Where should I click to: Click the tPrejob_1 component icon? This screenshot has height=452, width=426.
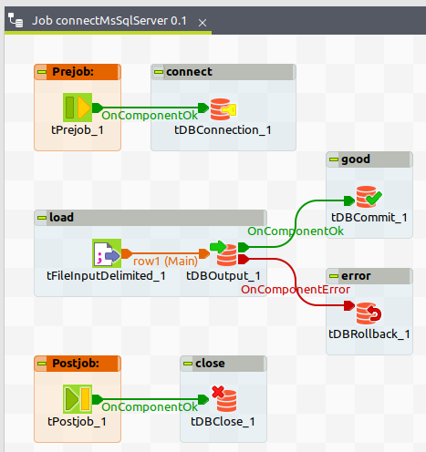(78, 108)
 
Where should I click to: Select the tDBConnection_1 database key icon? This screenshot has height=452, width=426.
(223, 109)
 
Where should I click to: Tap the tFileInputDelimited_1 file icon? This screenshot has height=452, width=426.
(107, 253)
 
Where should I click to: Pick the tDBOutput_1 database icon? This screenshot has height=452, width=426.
(223, 253)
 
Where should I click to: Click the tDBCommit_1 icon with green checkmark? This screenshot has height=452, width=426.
(369, 197)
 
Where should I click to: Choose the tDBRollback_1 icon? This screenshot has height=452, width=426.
(369, 313)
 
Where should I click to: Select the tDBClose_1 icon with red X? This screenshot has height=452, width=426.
(224, 398)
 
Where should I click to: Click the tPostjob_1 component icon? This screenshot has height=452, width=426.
(78, 399)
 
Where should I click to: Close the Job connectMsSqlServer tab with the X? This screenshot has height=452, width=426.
(203, 23)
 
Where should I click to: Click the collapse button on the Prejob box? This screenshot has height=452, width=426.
(42, 72)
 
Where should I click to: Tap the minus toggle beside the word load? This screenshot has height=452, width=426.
(42, 218)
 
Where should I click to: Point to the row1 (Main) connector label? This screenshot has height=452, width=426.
(165, 261)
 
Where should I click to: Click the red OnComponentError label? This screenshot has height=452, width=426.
(296, 290)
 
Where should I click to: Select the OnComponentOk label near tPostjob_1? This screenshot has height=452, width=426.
(150, 406)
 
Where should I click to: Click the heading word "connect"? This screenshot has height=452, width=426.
(189, 72)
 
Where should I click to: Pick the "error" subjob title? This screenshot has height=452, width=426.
(356, 276)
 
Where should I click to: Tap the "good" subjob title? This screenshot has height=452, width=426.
(356, 159)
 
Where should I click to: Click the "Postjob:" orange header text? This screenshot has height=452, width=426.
(76, 364)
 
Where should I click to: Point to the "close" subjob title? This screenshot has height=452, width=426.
(210, 364)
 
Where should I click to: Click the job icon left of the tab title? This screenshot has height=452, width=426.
(16, 20)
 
